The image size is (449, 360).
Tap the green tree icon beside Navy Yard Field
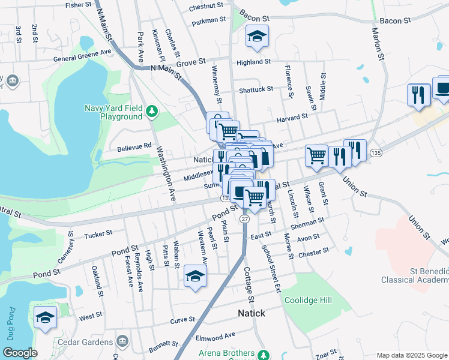point(152,110)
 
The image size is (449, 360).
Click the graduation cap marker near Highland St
point(257,37)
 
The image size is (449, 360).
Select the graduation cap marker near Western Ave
point(195,276)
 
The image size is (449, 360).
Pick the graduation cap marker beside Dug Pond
point(45,317)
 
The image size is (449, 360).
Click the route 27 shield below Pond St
point(244,220)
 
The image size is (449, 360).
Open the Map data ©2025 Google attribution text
point(412,355)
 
